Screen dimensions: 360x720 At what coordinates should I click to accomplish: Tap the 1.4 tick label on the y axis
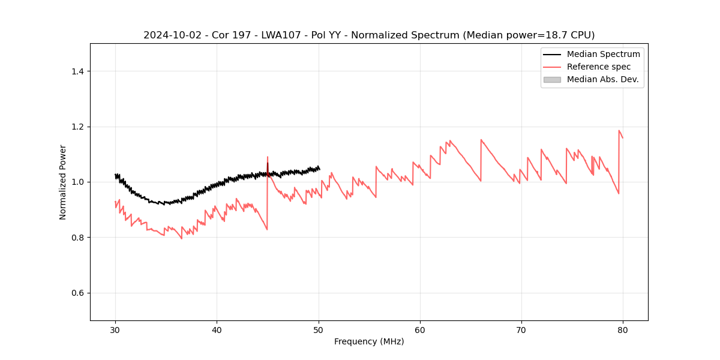pos(77,71)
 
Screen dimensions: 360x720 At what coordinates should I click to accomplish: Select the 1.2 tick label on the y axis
pos(77,127)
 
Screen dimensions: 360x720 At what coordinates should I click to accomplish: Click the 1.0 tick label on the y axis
pos(77,182)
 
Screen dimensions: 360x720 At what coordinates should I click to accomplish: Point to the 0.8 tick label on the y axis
pos(77,238)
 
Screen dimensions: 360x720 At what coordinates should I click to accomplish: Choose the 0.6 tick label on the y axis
pos(77,293)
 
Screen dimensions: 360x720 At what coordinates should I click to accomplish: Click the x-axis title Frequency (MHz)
pos(369,341)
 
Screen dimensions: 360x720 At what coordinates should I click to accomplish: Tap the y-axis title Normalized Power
pos(63,182)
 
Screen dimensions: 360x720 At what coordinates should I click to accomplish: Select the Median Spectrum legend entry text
pos(603,54)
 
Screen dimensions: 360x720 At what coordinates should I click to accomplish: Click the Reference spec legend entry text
pos(599,67)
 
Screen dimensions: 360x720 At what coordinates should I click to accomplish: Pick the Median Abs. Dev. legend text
pos(602,79)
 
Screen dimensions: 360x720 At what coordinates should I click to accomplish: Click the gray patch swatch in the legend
pos(552,79)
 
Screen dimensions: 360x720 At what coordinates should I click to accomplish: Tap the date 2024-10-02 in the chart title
pos(170,35)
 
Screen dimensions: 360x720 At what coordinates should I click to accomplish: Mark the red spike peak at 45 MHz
pos(268,157)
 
